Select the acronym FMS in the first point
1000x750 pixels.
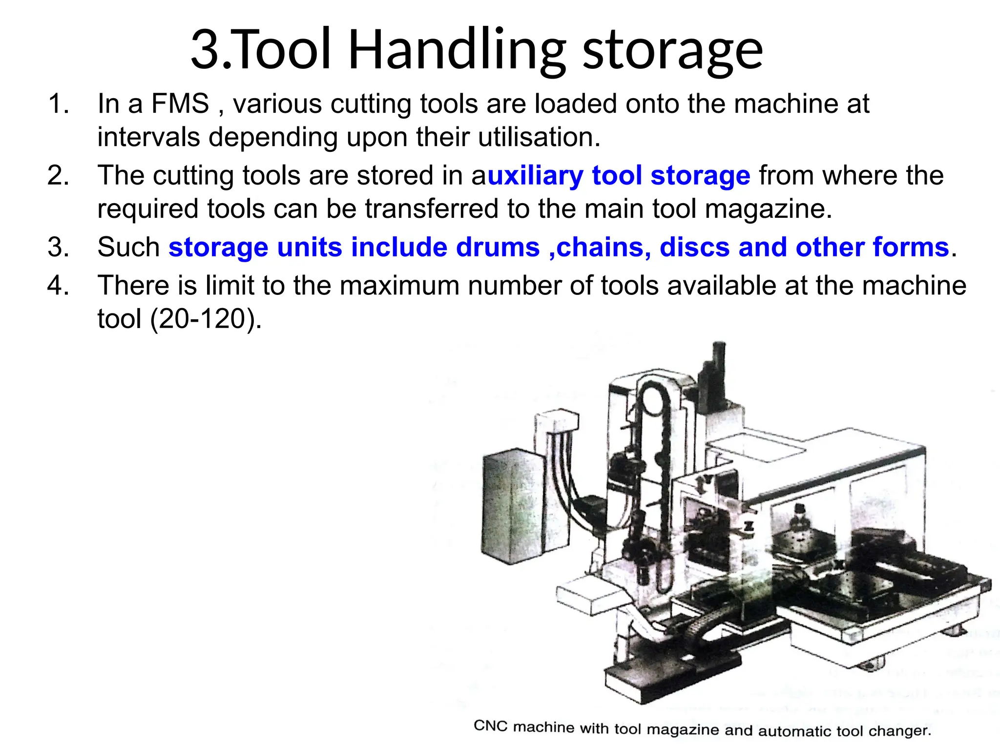[180, 104]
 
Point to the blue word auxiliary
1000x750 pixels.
[534, 176]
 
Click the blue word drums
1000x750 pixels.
[498, 247]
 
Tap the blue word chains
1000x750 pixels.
[604, 247]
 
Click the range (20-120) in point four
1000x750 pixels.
[206, 319]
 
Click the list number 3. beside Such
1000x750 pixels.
[58, 247]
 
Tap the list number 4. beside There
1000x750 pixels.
[58, 286]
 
